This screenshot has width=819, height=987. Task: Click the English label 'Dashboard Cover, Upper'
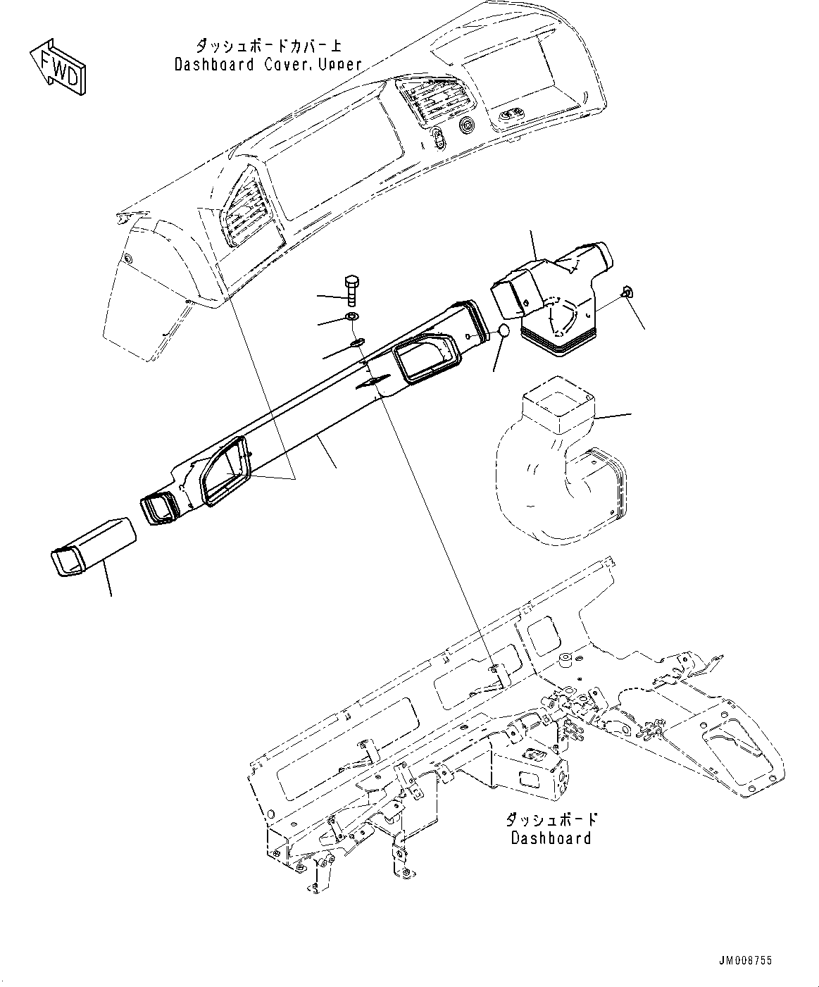(268, 64)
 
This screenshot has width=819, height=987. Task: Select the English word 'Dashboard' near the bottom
(551, 838)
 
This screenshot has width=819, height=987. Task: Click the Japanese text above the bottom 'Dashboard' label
(551, 820)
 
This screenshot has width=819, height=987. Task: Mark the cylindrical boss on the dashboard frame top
(564, 660)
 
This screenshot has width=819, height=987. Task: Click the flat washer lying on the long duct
(357, 342)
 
